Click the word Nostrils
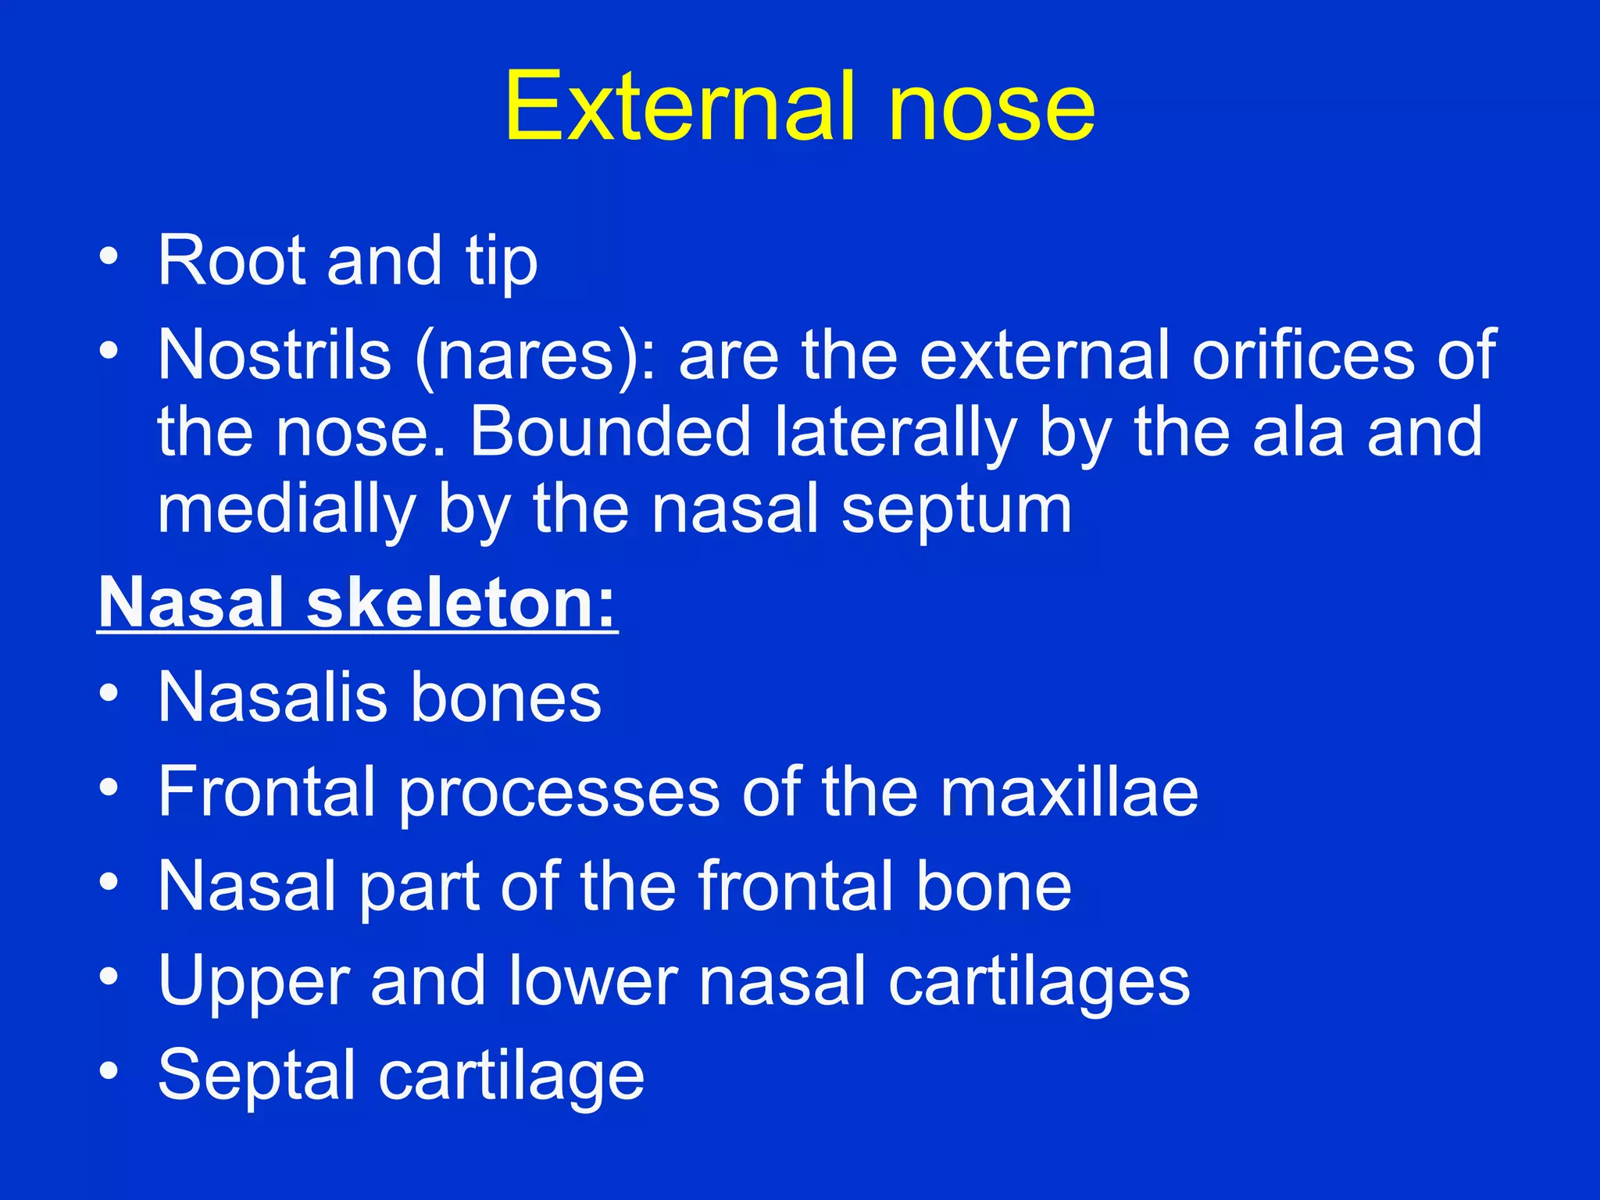(274, 355)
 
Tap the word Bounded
(610, 432)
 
